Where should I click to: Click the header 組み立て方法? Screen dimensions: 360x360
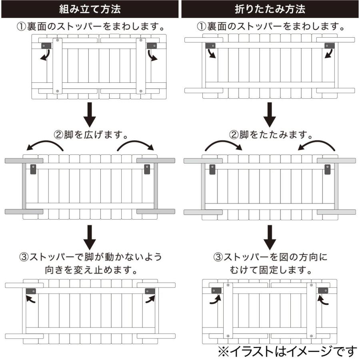(90, 9)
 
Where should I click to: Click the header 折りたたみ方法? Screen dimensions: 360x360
(270, 9)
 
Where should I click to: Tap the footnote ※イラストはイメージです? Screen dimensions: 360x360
(287, 351)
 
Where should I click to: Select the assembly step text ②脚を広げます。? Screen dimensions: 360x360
(91, 134)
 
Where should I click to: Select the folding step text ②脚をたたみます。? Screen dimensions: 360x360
(271, 134)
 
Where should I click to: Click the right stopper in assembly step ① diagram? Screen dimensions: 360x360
(152, 46)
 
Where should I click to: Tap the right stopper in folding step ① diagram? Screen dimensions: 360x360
(329, 46)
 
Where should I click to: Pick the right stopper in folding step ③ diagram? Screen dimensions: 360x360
(323, 291)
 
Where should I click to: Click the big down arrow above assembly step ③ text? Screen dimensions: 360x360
(91, 237)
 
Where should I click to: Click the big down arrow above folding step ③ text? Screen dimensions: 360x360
(271, 237)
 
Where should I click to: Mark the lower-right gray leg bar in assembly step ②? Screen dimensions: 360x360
(156, 211)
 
